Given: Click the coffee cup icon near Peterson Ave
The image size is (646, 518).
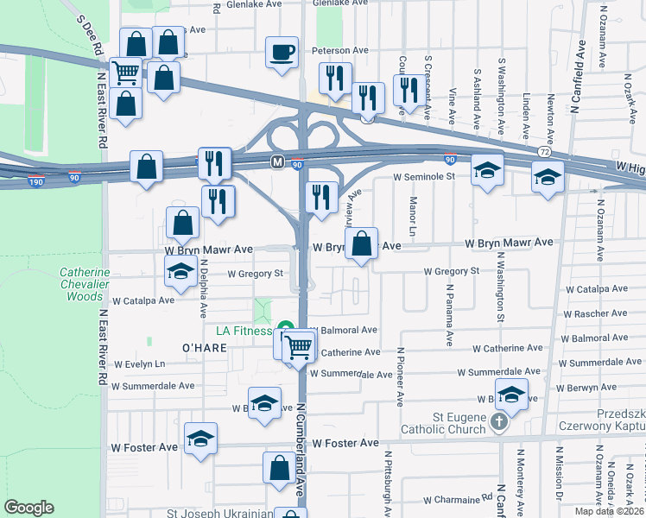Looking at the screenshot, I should (282, 53).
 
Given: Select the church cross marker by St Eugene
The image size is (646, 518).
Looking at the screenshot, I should (498, 421).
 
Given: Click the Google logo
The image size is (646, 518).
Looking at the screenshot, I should (29, 508).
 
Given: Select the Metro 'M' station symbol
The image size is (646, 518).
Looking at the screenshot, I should (277, 161).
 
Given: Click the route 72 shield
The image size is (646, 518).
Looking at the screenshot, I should (544, 151).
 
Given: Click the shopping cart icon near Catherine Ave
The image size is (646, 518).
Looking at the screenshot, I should (298, 347).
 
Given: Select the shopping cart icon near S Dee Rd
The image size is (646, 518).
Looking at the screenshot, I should (126, 72).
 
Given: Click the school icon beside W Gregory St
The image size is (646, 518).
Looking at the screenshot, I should (180, 270).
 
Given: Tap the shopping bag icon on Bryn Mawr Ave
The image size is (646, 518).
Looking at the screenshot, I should (364, 243).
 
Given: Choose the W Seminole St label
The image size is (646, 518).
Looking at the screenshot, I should (424, 176).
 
